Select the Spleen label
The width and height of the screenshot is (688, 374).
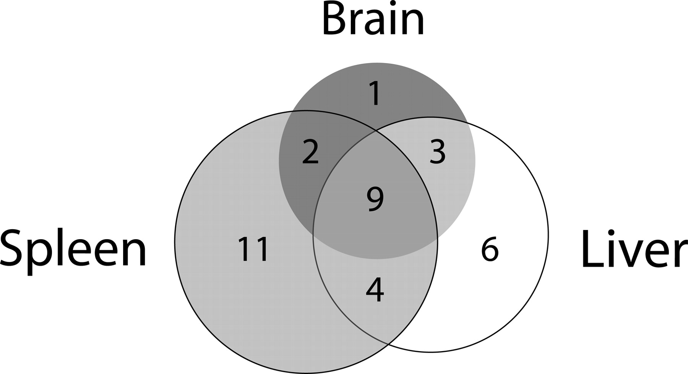(x=73, y=249)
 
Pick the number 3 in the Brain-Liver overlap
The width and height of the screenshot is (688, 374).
(x=438, y=152)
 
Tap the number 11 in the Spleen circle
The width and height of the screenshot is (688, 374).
(x=254, y=249)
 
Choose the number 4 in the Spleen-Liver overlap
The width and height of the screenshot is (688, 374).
(x=375, y=290)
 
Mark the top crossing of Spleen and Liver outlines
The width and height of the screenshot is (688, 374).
(x=375, y=131)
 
